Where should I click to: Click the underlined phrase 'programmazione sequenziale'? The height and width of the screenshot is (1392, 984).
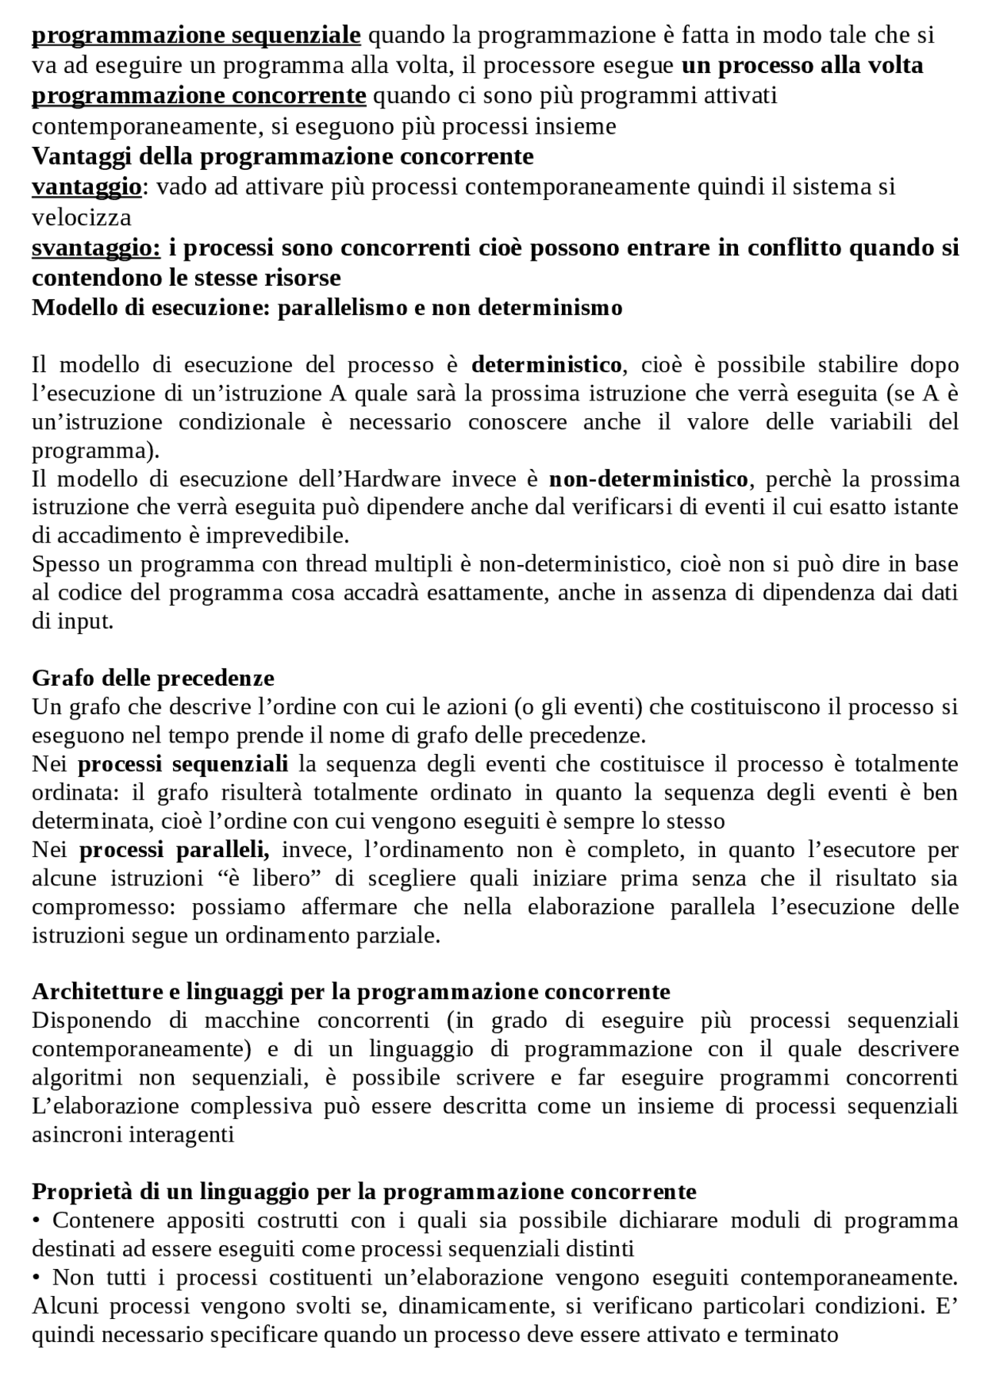[x=196, y=35]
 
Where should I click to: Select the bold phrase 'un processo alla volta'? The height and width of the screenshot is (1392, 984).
[x=802, y=65]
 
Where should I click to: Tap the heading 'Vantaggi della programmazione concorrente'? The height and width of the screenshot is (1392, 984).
[x=282, y=156]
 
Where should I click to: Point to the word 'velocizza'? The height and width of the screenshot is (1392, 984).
[x=81, y=218]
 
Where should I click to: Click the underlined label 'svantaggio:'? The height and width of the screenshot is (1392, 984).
[x=96, y=248]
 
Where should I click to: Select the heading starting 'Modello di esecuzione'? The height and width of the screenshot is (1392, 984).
[x=327, y=307]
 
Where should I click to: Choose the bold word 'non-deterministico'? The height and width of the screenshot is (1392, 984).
[x=648, y=480]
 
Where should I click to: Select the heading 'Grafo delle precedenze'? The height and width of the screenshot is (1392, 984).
[x=153, y=678]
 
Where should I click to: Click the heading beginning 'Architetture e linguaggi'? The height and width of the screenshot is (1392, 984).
[x=351, y=992]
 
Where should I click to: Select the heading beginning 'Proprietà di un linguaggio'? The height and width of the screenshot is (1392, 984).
[x=364, y=1191]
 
